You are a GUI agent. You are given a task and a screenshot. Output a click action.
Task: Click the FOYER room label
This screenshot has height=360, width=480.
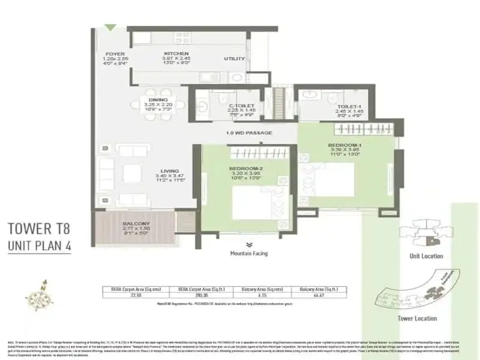pos(116,53)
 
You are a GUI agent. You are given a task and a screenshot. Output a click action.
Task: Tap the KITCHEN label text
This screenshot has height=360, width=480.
pos(176,53)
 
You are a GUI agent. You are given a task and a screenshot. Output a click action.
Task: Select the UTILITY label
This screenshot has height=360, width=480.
pos(234,59)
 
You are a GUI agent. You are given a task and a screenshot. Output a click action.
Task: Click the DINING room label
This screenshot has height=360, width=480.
pos(159,101)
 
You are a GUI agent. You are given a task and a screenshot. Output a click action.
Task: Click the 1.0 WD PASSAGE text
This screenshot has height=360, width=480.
pos(249,133)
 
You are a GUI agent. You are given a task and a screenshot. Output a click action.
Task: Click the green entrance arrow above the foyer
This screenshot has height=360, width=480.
pos(109,28)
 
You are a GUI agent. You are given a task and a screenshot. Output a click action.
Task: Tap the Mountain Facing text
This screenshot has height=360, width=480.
pos(249,254)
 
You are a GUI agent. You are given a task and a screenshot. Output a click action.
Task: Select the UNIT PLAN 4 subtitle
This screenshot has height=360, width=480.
pos(38,245)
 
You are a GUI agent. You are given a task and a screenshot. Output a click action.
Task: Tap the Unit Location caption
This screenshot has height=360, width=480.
pos(427,256)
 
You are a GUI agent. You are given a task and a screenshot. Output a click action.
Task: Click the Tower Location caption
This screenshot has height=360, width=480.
pos(418,319)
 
